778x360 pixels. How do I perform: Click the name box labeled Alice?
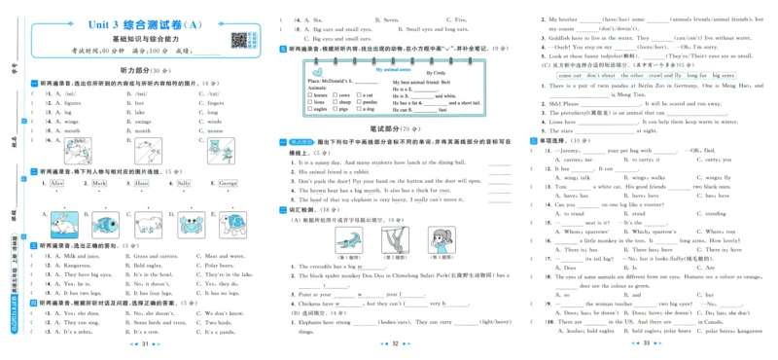56,183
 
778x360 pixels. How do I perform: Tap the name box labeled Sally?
183,183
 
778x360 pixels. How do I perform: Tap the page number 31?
144,343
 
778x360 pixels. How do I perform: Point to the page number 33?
646,343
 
